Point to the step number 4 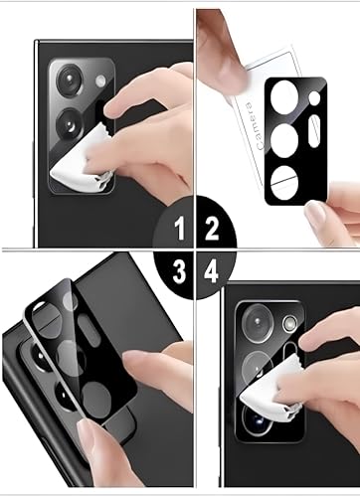pyautogui.click(x=211, y=270)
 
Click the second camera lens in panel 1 pyautogui.click(x=70, y=125)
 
